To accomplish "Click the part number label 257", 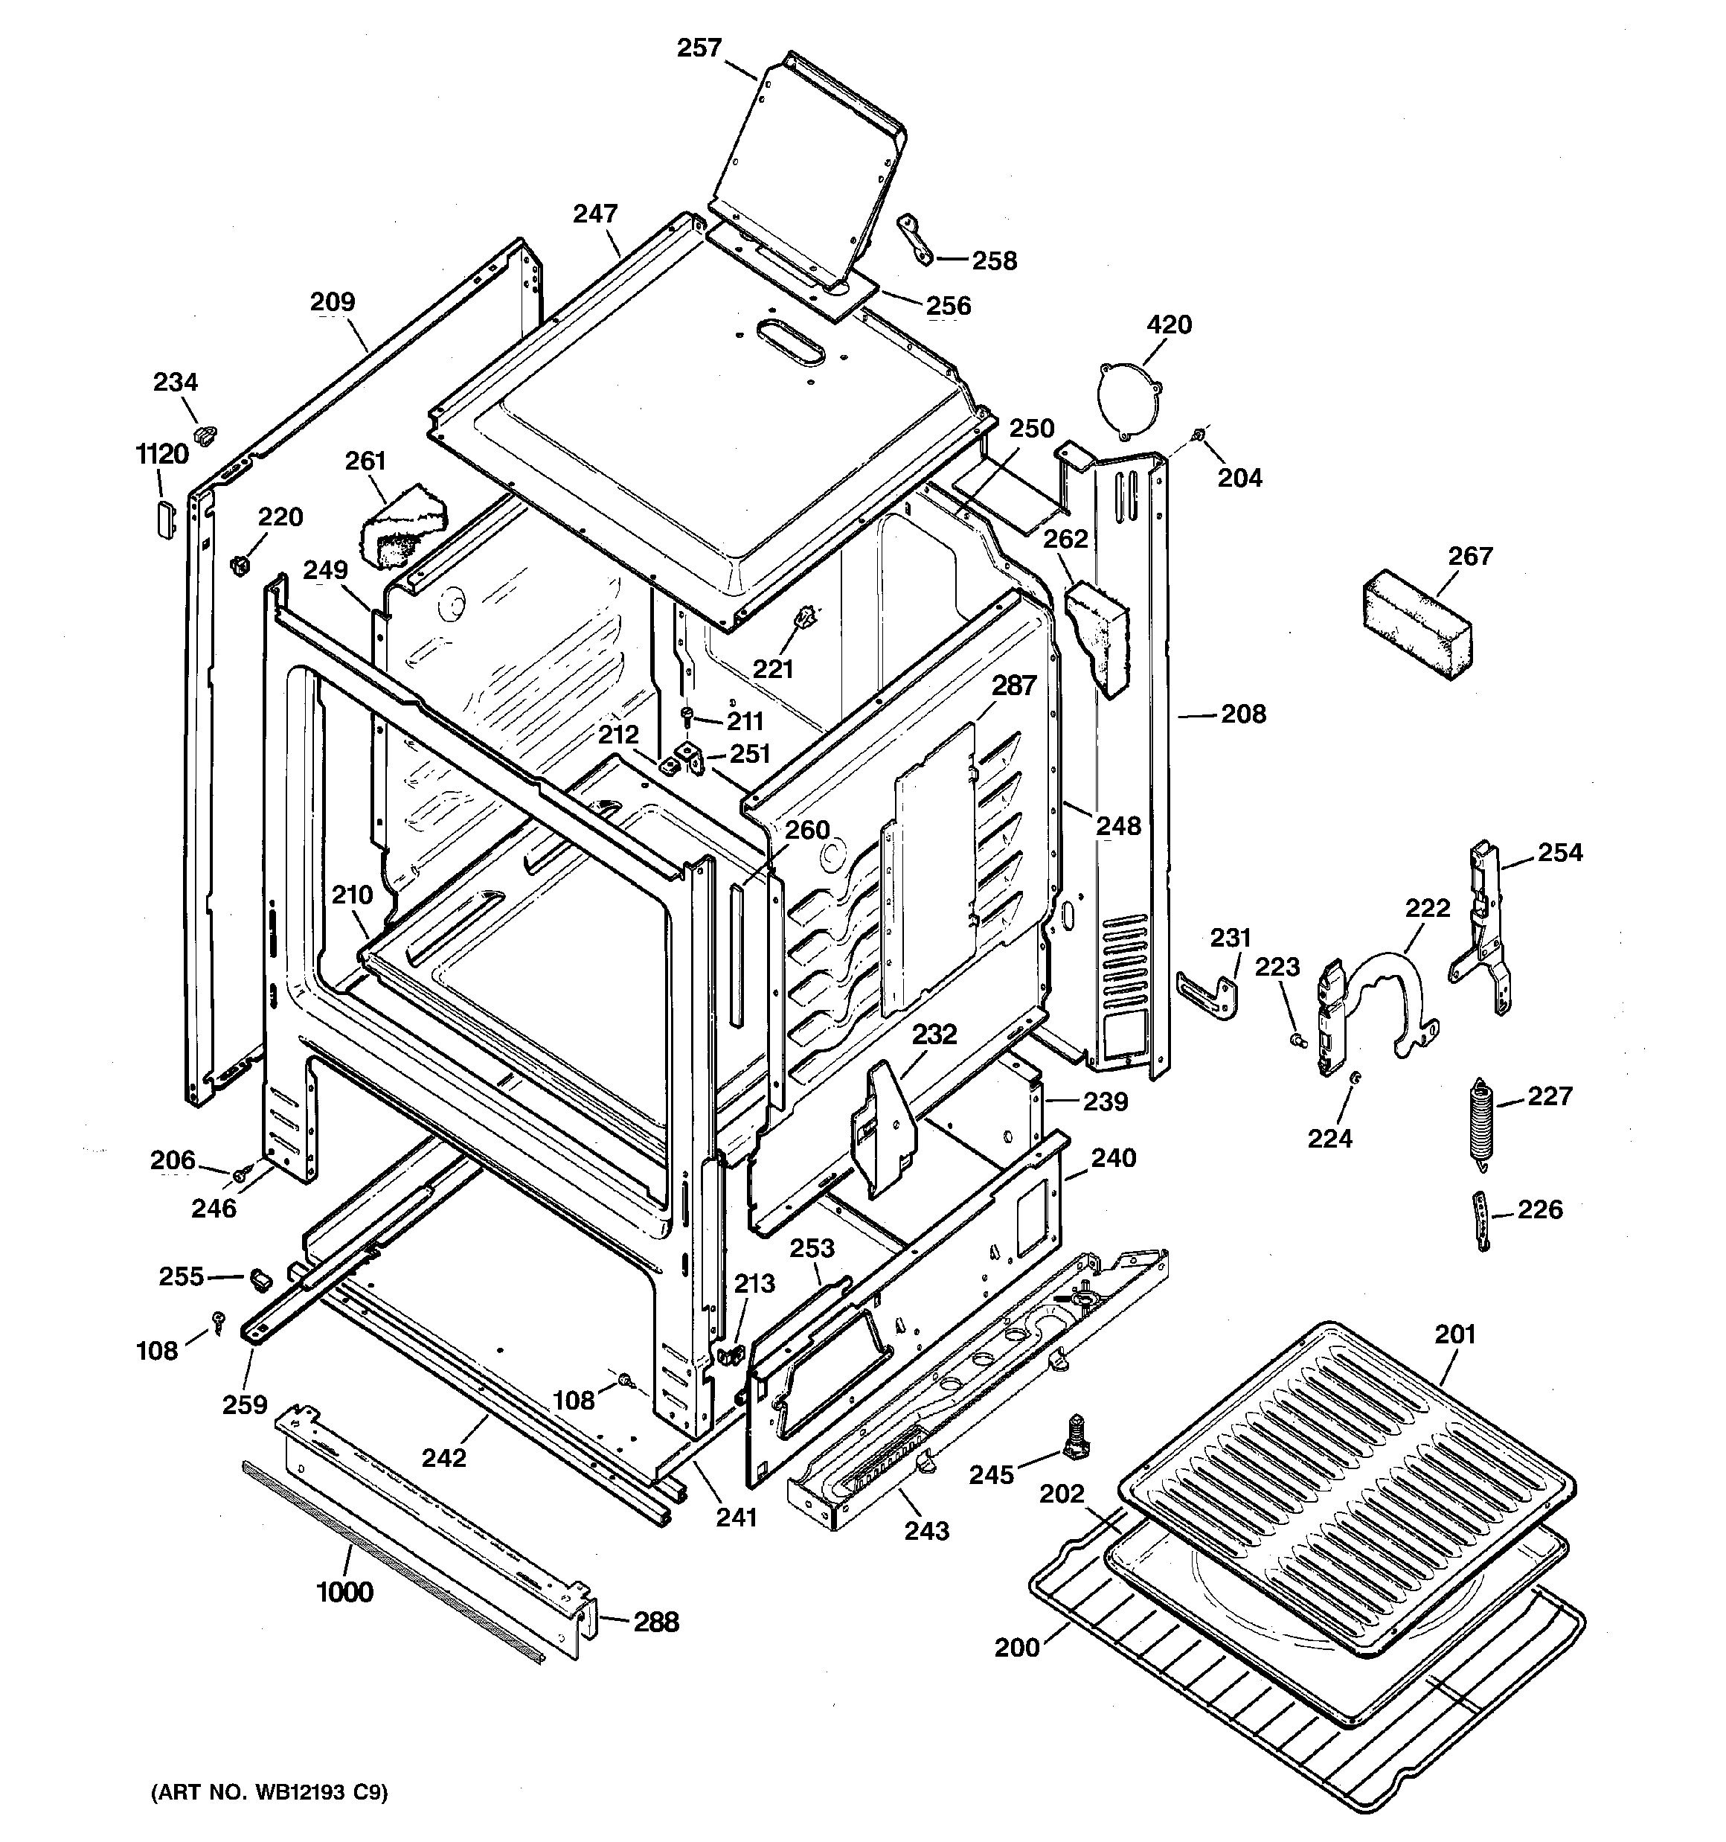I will pos(699,48).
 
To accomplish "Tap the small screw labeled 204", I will pos(1200,434).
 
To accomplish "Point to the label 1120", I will pos(162,454).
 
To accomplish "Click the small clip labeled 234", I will pos(205,432).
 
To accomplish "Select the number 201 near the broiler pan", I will pos(1454,1334).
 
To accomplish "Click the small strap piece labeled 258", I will pos(915,238).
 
